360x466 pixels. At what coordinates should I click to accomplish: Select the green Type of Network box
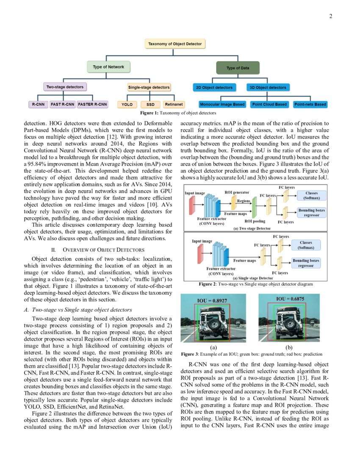click(x=108, y=67)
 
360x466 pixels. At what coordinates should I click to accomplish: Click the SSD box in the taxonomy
click(x=150, y=104)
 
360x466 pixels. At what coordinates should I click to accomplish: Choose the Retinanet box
click(x=174, y=104)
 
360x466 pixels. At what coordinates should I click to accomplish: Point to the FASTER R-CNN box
click(x=92, y=104)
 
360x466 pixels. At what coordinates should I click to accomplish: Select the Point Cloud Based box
click(x=269, y=104)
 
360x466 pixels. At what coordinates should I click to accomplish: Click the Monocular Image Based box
click(x=222, y=104)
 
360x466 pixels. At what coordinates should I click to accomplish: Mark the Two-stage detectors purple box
click(x=65, y=87)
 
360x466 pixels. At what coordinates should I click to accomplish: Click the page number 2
click(x=330, y=17)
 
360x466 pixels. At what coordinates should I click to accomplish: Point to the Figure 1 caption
click(x=178, y=113)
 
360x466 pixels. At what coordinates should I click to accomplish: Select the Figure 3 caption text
click(x=252, y=354)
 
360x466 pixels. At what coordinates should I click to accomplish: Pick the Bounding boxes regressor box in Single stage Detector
click(x=309, y=263)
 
